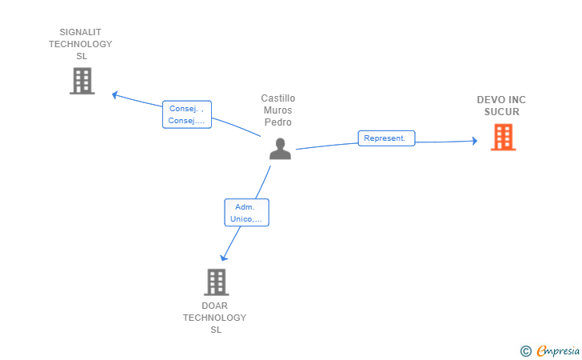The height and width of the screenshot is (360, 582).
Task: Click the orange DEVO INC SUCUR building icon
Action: [503, 137]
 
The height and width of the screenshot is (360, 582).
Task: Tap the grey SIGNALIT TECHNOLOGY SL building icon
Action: [82, 81]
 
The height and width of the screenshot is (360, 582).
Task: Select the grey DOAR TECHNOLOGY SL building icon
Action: [216, 282]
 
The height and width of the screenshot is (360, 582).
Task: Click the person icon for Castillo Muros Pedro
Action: [281, 149]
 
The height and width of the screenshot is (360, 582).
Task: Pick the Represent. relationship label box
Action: [386, 138]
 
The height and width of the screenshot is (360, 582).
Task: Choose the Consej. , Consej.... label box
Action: [187, 114]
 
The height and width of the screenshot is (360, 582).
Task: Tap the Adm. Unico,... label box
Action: [246, 213]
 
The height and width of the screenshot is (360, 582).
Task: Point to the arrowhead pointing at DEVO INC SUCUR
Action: [475, 141]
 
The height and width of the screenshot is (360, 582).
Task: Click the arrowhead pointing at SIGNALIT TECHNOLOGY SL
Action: [114, 95]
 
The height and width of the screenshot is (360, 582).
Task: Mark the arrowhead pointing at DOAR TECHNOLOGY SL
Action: [223, 258]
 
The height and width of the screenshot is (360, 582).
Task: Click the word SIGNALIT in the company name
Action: [81, 32]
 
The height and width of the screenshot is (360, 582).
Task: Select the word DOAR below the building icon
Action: [214, 306]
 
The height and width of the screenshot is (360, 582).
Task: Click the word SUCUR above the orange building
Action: [502, 112]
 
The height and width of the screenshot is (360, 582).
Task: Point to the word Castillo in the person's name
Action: [278, 98]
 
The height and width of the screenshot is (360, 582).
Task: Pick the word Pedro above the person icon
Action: [278, 122]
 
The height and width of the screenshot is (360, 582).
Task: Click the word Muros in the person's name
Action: [278, 110]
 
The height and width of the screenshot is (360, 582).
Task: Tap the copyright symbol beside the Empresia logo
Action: [526, 351]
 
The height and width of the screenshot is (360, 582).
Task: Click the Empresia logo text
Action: [558, 350]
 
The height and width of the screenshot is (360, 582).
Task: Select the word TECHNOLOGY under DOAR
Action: [214, 318]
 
